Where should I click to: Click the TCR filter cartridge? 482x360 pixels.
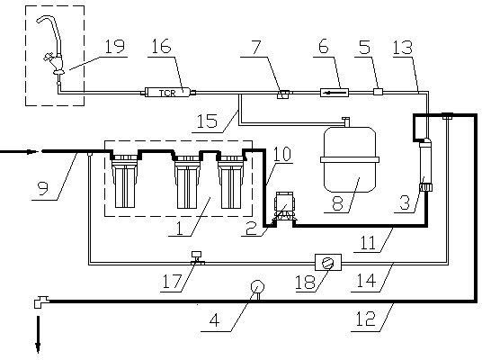[168, 92]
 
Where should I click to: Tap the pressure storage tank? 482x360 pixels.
[350, 159]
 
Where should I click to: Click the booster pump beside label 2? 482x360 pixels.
[284, 206]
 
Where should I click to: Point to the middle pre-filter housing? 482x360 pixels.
[187, 182]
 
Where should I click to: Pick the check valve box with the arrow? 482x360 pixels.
[335, 92]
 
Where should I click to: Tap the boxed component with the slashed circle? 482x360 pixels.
[328, 263]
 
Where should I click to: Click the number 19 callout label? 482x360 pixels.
[115, 47]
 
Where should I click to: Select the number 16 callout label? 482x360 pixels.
[161, 46]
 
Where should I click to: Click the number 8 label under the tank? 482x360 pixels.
[337, 203]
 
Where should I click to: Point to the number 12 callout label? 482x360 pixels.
[365, 319]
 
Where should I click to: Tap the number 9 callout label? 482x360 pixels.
[43, 188]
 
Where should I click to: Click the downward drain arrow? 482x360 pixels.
[38, 335]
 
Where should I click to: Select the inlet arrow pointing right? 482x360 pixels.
[19, 152]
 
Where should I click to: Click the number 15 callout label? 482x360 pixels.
[207, 121]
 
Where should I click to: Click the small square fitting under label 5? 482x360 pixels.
[378, 92]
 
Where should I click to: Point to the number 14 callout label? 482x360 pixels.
[366, 280]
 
